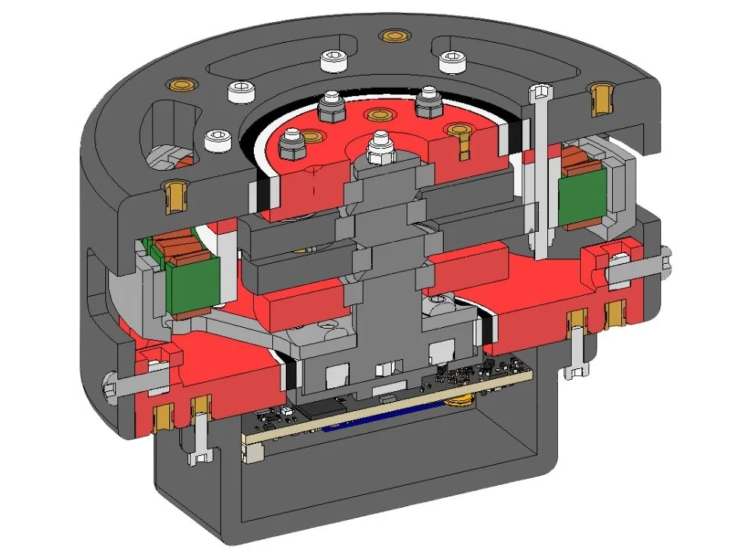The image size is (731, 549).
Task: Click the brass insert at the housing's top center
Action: click(393, 35)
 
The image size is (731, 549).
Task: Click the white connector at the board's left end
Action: click(252, 454)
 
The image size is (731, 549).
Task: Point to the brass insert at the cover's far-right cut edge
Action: click(599, 97)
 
